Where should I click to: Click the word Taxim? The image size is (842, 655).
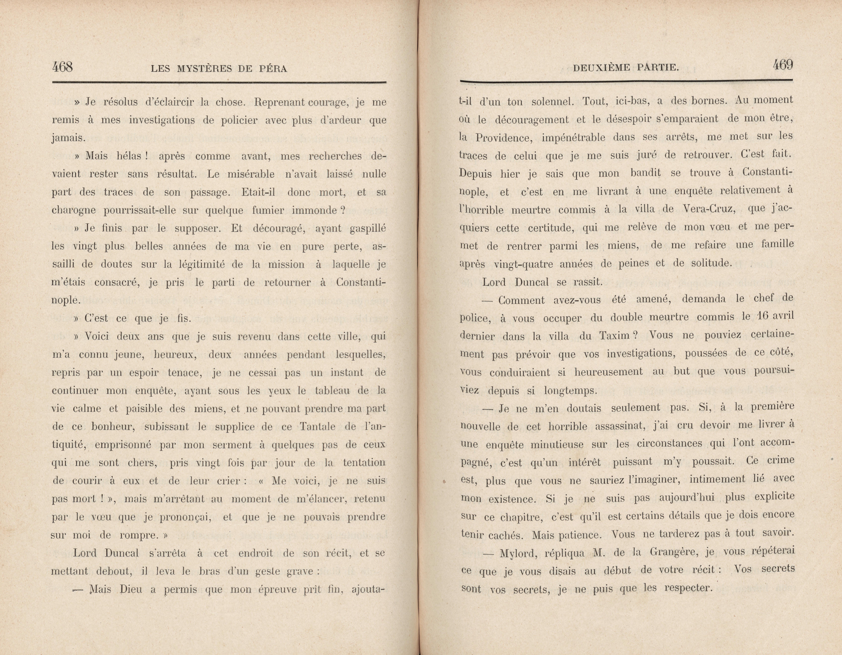(x=613, y=336)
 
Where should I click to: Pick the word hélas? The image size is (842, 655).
(x=131, y=156)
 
